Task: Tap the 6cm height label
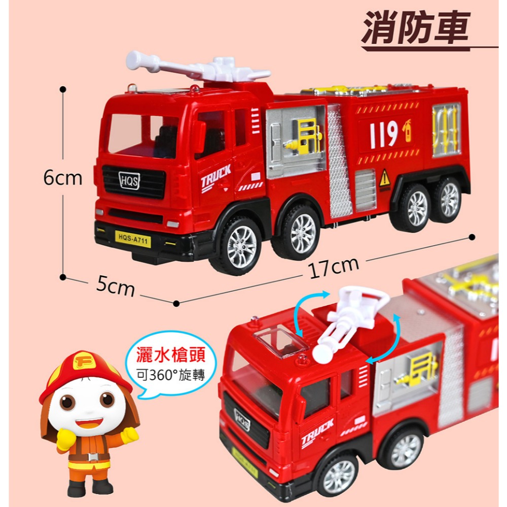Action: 62,178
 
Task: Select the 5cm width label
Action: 116,287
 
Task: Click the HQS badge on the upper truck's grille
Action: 129,180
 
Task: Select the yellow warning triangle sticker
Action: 385,177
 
